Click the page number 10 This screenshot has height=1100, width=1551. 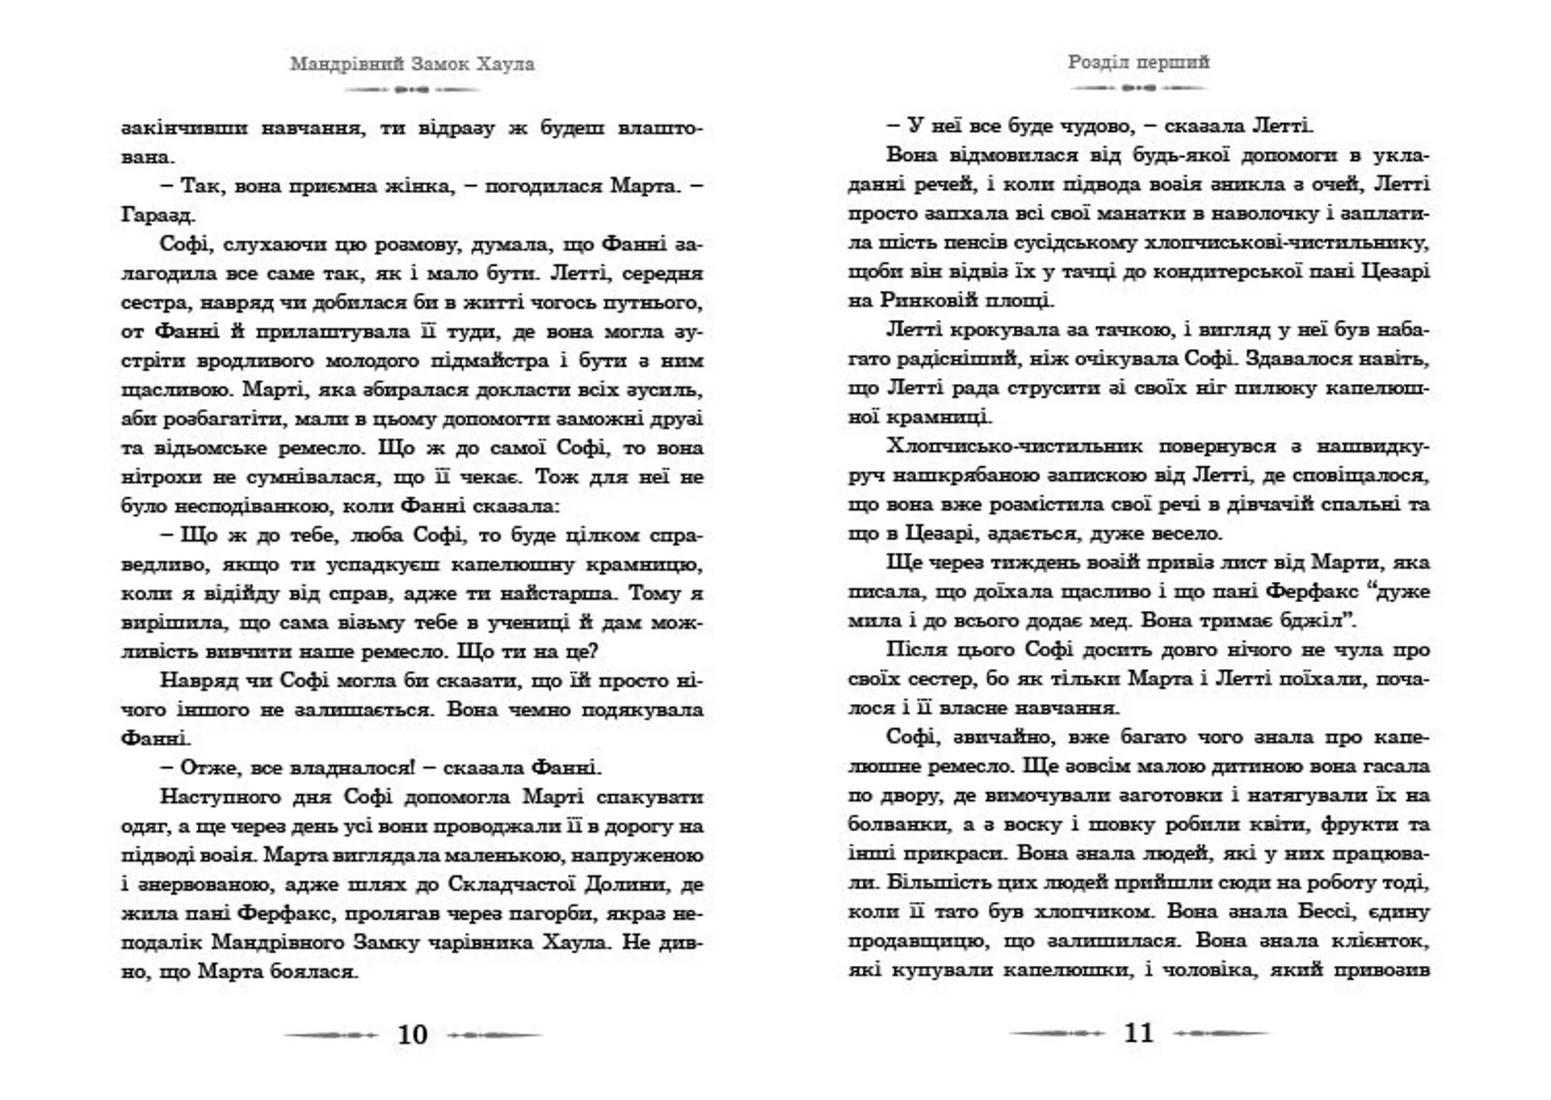(412, 1035)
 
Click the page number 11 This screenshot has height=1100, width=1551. (1138, 1033)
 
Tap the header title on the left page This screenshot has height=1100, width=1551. (412, 64)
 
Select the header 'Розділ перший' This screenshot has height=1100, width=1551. (1138, 62)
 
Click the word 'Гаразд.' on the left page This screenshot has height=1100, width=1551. (158, 215)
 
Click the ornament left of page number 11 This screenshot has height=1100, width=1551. (1057, 1033)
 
